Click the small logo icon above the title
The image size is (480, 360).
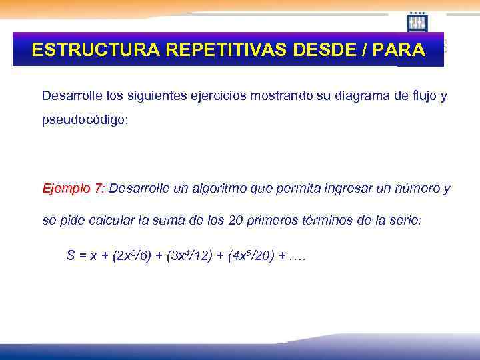(x=417, y=22)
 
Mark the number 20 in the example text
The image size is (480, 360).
(x=236, y=221)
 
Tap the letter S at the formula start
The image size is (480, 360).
(x=70, y=255)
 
